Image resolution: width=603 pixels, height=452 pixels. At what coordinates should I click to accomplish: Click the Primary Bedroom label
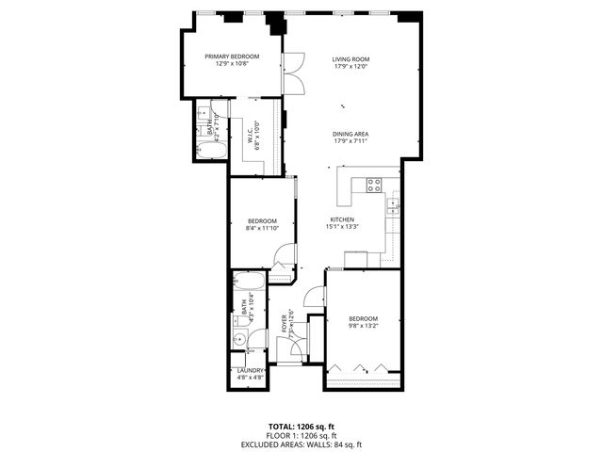(232, 56)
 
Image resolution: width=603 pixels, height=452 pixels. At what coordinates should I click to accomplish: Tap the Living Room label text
(350, 59)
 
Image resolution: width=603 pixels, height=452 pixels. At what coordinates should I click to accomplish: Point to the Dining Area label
(350, 134)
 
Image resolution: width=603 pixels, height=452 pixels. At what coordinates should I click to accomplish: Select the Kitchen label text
(341, 218)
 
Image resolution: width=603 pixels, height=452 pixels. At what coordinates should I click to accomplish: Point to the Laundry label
(250, 370)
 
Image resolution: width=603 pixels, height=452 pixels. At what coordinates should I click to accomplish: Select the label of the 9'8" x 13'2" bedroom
(363, 318)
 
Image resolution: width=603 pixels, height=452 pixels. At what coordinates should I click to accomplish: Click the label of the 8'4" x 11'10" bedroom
(262, 220)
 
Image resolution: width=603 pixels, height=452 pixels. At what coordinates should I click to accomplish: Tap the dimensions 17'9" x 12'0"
(350, 67)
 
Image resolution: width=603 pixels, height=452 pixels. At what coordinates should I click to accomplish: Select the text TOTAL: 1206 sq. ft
(301, 426)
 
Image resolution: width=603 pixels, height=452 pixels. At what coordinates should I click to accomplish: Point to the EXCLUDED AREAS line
(301, 444)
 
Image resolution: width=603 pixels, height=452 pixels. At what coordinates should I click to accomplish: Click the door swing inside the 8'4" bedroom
(279, 256)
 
